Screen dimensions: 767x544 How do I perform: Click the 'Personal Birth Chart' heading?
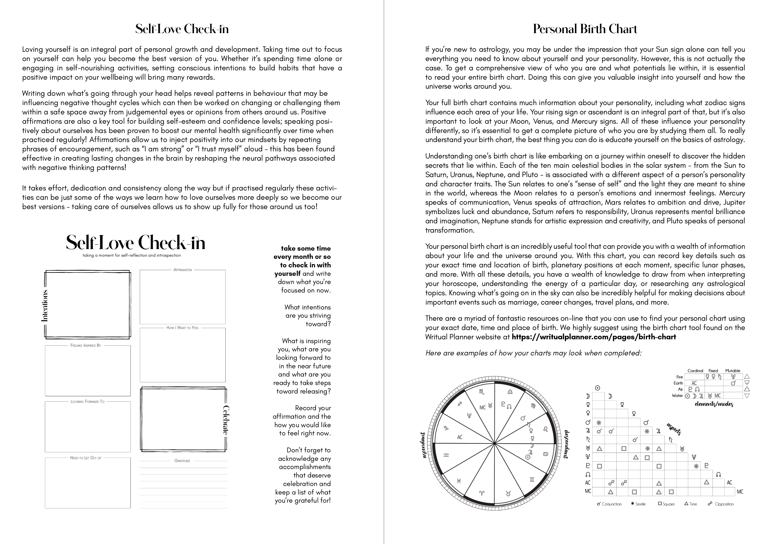585,29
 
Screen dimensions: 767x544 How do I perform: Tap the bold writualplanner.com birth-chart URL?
594,337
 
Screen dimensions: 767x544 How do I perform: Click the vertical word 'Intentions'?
45,305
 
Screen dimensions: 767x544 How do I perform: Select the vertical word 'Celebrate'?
226,420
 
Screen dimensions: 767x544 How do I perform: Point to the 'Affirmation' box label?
183,270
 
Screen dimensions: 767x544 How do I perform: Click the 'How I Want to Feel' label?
182,328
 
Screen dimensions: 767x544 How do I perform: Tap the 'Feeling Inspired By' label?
86,345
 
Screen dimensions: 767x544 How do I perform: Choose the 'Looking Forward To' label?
87,401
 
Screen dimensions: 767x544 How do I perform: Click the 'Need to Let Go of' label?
86,458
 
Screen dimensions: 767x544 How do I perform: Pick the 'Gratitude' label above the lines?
182,461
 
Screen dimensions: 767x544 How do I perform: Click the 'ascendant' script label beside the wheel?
423,445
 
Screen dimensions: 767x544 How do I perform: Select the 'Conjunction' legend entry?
609,504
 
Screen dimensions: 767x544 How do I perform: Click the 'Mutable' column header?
733,371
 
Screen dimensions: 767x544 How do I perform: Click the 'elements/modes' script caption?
714,404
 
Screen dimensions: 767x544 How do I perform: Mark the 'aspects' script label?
674,429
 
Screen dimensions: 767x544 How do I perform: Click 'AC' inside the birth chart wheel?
460,437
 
